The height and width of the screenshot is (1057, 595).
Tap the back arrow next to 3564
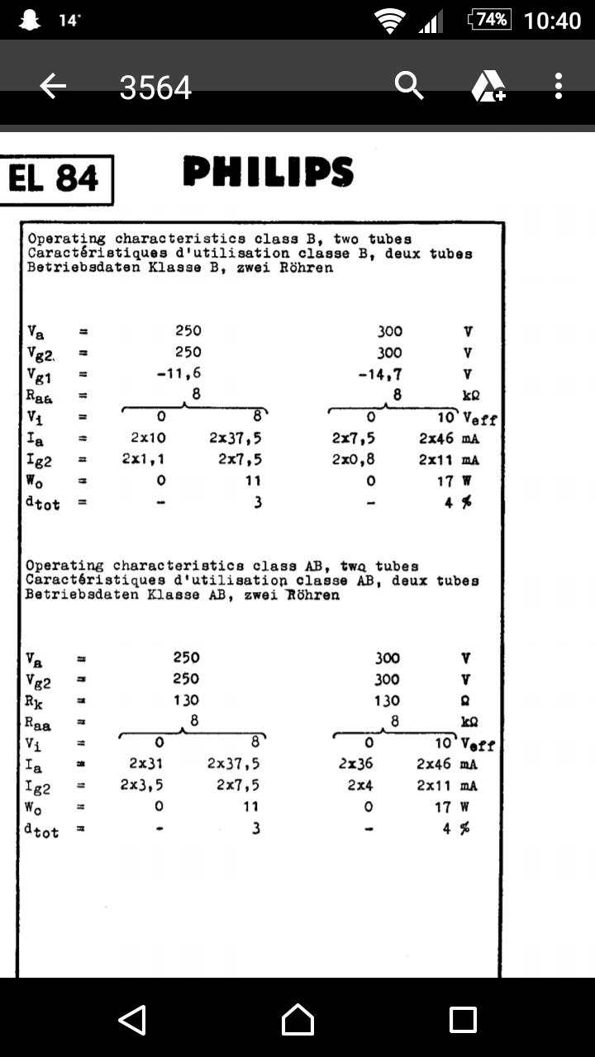53,86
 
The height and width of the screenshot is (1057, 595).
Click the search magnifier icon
409,85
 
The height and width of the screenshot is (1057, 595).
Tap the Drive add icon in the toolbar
488,86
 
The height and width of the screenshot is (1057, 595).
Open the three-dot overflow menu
559,86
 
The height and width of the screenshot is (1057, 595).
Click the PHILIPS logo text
269,173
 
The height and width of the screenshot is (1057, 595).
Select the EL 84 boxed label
55,179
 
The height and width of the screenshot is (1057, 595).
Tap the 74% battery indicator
489,20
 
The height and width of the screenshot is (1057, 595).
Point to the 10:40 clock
553,21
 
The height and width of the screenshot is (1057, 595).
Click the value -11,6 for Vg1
178,373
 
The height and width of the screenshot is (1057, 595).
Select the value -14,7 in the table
380,374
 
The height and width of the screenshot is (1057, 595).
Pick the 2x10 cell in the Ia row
148,438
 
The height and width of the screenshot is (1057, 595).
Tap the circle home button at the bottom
297,1020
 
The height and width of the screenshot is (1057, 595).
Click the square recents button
463,1020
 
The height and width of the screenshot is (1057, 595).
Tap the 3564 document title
155,87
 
